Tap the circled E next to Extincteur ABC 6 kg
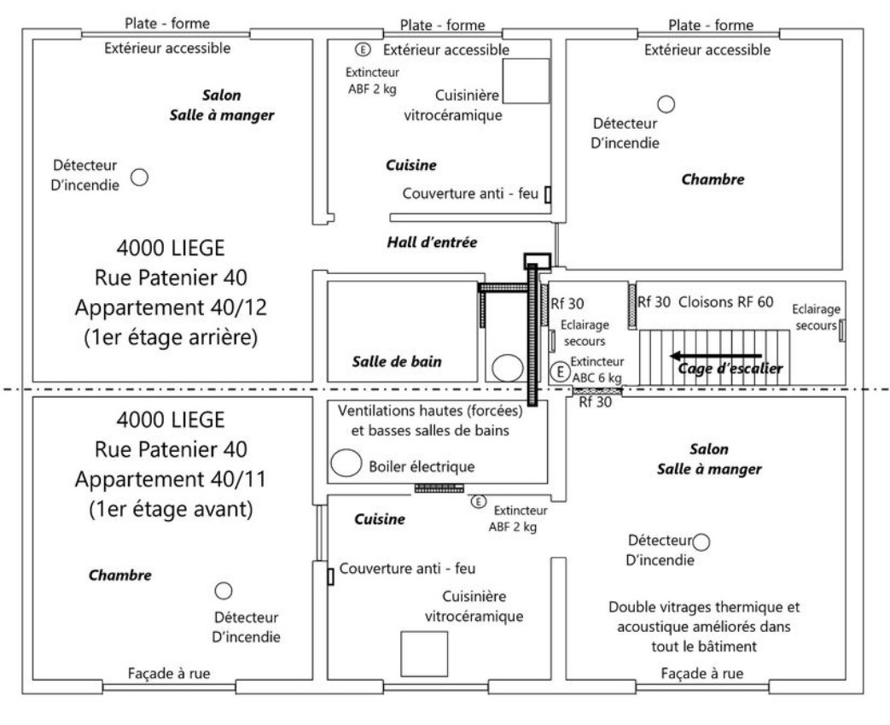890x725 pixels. click(559, 371)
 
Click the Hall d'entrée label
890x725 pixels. click(431, 243)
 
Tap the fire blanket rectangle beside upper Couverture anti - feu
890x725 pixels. click(548, 195)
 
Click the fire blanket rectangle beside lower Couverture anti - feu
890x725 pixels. click(330, 576)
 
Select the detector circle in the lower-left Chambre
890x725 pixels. click(224, 590)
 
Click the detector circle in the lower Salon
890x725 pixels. click(702, 541)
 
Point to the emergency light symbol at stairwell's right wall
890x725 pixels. click(841, 329)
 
